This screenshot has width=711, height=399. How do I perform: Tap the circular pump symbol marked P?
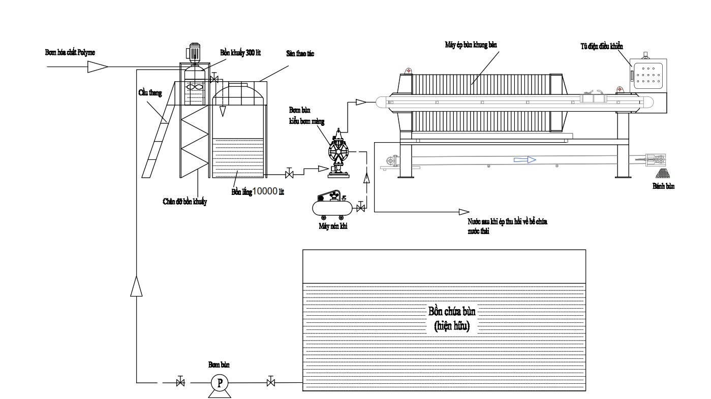point(220,383)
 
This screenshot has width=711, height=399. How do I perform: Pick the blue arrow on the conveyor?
point(524,160)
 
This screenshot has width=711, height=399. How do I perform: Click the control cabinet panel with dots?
point(647,74)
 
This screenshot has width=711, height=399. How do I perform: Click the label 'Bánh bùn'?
point(663,186)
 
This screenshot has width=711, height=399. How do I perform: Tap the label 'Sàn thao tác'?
point(300,53)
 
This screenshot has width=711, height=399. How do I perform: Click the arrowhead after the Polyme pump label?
point(97,66)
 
